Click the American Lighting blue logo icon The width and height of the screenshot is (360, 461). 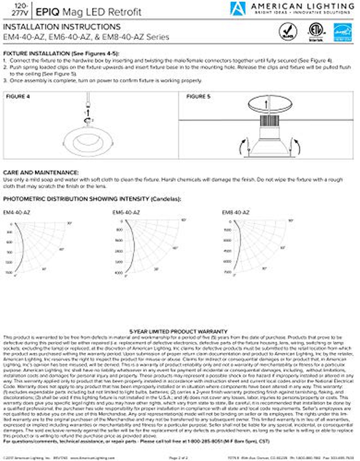coord(238,8)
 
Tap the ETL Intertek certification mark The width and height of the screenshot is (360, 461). coord(316,32)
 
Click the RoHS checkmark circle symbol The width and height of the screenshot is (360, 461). coord(288,32)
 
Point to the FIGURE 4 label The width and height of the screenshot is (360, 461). coord(18,97)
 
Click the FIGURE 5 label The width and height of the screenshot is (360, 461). coord(198,97)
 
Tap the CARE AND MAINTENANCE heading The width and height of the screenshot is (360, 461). coord(41,173)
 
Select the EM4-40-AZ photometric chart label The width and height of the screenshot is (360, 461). coord(16,213)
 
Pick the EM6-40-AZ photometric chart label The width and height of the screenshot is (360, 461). coord(126,213)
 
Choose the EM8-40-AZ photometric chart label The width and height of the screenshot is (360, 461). coord(235,213)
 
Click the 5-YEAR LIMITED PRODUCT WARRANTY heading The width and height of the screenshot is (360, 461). coord(178,332)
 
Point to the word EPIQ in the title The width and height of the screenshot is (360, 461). coord(48,12)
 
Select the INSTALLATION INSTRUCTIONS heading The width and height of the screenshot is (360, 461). coord(62,27)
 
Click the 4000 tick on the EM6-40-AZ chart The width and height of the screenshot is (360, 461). coord(119,273)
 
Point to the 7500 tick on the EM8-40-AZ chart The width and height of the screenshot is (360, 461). coord(228,272)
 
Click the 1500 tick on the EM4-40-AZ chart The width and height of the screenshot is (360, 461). coord(9,272)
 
